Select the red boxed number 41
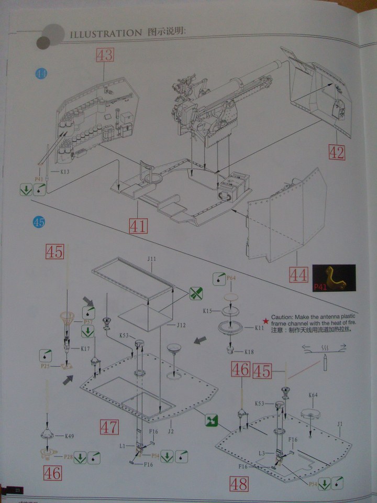coord(138,226)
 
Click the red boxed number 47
coord(109,427)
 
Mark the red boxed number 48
coord(239,484)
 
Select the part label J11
coord(152,259)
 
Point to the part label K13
coord(65,171)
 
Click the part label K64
coord(313,395)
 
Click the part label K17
coord(85,348)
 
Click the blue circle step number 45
coord(39,222)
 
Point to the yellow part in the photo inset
coord(332,277)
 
